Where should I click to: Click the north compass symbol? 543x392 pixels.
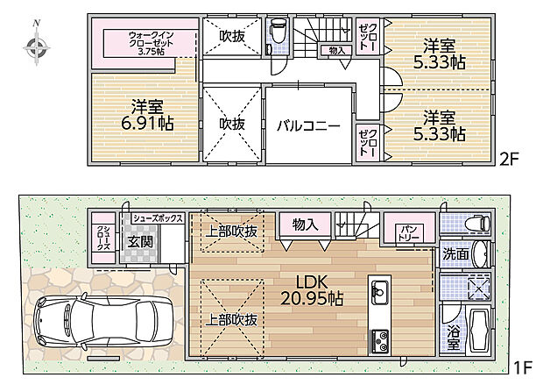36,46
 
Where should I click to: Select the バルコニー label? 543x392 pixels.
307,125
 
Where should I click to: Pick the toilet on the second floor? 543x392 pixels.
279,33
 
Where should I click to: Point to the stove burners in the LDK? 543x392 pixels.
381,338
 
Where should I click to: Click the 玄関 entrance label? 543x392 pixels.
142,241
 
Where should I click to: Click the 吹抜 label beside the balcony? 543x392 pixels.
232,124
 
